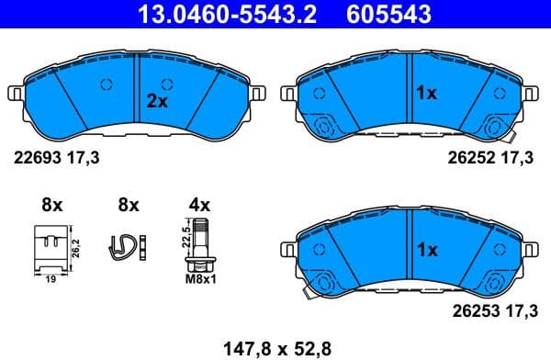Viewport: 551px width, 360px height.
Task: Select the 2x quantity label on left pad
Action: pos(158,102)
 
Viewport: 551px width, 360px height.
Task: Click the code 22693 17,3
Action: pos(55,158)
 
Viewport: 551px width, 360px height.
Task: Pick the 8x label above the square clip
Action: pos(51,203)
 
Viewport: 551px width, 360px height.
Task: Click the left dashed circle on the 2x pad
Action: pos(106,84)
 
